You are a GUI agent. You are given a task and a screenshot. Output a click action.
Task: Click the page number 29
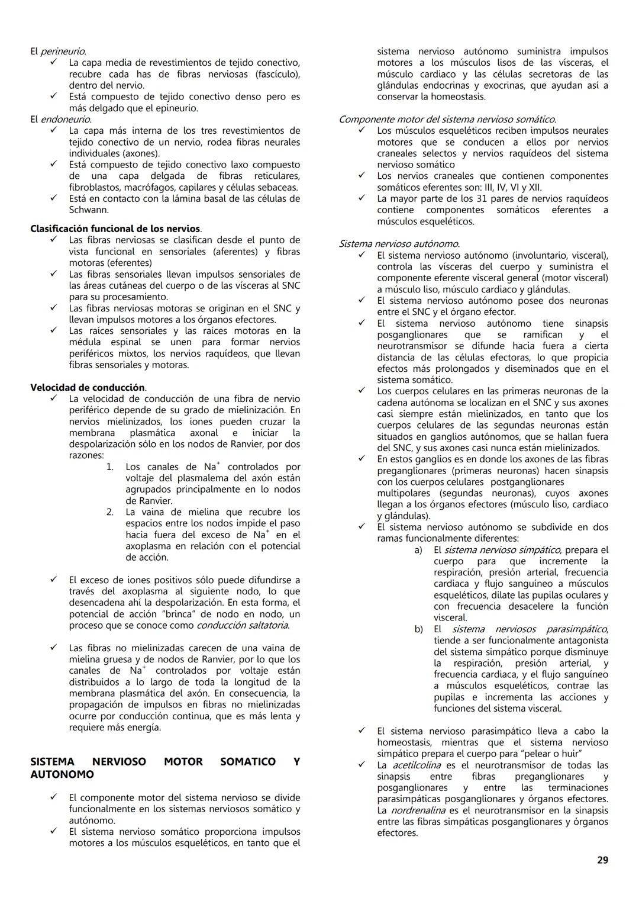tap(602, 860)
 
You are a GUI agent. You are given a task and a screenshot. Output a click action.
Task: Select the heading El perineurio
tap(58, 52)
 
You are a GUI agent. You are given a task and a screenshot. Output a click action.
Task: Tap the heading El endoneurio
tap(60, 120)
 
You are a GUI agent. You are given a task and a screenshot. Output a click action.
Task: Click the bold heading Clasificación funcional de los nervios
tap(115, 229)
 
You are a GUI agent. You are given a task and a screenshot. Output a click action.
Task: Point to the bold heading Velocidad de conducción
tap(88, 388)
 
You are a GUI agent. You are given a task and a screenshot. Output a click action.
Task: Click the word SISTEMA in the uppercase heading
tap(52, 762)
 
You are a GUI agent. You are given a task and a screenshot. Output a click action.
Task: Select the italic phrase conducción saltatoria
tap(243, 625)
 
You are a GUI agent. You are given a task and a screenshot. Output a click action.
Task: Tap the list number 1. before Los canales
tap(110, 467)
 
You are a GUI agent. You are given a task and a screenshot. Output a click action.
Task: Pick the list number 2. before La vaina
tap(110, 512)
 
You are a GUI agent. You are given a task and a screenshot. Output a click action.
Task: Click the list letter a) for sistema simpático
tap(418, 550)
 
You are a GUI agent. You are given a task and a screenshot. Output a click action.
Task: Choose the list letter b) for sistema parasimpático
tap(418, 629)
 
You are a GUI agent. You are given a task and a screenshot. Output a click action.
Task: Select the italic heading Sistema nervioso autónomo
tap(399, 244)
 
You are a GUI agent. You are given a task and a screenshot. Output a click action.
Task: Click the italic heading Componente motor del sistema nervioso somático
tap(447, 120)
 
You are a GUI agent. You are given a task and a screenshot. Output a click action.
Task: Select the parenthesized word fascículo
tap(277, 74)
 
